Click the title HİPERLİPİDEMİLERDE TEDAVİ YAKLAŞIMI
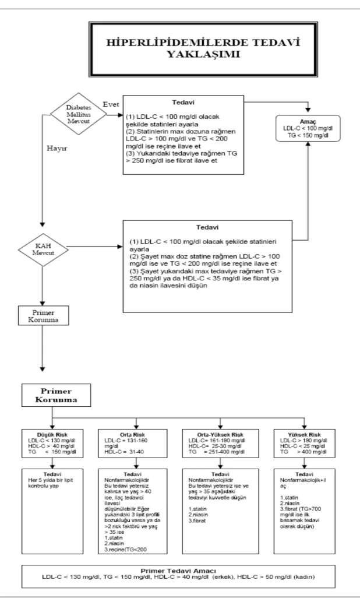(203, 48)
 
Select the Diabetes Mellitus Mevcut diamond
(79, 114)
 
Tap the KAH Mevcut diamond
(43, 250)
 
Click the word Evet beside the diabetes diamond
(111, 104)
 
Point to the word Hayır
(57, 149)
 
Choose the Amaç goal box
(308, 129)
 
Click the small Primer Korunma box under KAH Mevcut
(44, 315)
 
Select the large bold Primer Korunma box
(57, 395)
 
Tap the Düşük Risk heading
(52, 435)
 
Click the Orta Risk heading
(132, 435)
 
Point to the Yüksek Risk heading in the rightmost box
(305, 435)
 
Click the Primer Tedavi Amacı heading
(178, 571)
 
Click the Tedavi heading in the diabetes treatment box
(183, 102)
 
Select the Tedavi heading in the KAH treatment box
(207, 227)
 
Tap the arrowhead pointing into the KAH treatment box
(120, 247)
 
